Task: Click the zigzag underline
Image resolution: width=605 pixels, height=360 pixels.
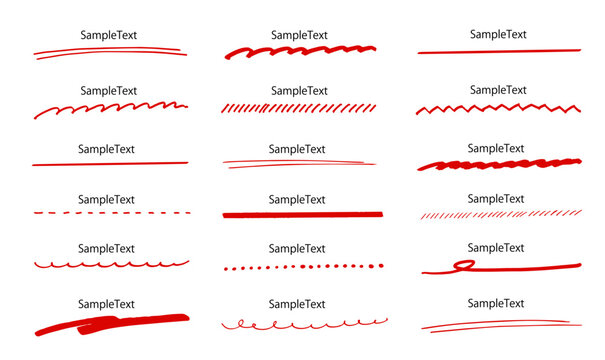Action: (498, 108)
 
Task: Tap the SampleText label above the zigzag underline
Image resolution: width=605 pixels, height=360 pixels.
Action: (498, 90)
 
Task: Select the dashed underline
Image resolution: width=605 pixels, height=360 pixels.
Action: (112, 213)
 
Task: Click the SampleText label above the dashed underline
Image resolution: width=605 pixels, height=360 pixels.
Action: (106, 200)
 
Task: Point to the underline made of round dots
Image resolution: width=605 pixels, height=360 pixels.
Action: (304, 267)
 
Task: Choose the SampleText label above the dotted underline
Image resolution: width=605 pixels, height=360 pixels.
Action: (297, 249)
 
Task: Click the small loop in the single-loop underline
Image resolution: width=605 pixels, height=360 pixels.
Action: (464, 265)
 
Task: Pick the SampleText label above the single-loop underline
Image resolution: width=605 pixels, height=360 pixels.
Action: (496, 248)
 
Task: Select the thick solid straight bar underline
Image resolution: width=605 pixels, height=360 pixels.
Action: (303, 215)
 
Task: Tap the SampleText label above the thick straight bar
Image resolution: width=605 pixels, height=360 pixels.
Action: (297, 200)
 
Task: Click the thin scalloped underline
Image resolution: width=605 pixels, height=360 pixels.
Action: (112, 264)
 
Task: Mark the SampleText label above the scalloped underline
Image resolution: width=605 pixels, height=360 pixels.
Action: (106, 249)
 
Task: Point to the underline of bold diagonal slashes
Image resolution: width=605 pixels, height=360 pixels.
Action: (298, 108)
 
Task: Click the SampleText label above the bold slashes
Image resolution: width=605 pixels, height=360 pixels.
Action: (299, 91)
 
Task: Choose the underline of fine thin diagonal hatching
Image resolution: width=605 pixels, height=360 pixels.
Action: (501, 215)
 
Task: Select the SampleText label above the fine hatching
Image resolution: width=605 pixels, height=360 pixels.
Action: (496, 199)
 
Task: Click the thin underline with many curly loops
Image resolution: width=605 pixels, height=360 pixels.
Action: (304, 324)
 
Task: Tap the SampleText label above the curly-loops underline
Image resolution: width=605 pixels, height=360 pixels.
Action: (297, 304)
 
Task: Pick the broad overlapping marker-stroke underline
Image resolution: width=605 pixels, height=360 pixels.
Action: (112, 324)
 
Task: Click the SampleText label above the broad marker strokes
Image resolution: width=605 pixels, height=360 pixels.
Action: (106, 304)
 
